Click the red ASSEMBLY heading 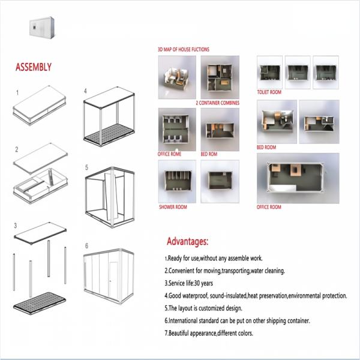point(34,67)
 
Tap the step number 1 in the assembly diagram point(17,93)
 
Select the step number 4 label point(85,91)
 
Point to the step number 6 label point(86,246)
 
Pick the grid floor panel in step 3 point(40,303)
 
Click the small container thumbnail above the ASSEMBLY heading point(42,28)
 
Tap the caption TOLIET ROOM point(269,92)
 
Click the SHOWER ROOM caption point(173,207)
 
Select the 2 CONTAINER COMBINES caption point(217,103)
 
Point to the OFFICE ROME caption point(169,154)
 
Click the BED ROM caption point(209,154)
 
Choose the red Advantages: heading point(188,241)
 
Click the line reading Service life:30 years point(189,283)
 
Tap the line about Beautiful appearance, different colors point(209,333)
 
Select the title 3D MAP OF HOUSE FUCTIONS point(184,49)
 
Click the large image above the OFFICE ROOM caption point(298,178)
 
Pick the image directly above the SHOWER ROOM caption point(177,181)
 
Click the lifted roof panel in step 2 point(40,158)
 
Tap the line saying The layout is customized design point(203,308)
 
